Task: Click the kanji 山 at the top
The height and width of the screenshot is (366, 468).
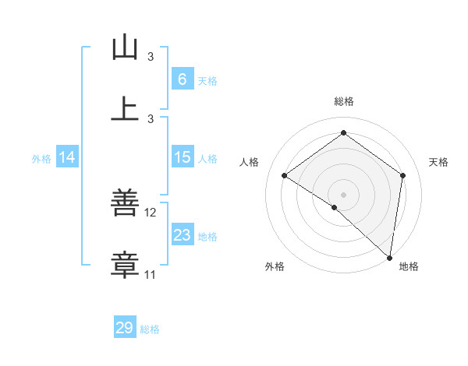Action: pos(125,48)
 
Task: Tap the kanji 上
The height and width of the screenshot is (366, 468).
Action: pos(125,109)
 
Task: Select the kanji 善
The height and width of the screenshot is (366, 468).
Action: pos(125,204)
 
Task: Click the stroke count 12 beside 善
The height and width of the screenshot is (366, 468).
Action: pos(151,212)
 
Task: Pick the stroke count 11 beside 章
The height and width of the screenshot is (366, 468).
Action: pos(151,274)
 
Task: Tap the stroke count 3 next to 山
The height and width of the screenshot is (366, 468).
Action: pos(151,57)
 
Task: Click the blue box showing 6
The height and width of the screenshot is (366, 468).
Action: pos(182,79)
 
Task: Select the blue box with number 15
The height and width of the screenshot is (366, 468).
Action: pos(182,157)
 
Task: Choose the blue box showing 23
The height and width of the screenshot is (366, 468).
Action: pos(182,235)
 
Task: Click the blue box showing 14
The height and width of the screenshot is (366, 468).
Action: pos(67,157)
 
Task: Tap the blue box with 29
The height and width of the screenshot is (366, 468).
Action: pos(125,328)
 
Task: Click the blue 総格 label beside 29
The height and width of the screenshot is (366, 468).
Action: pos(150,329)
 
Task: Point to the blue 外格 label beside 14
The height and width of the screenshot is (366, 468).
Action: pos(41,159)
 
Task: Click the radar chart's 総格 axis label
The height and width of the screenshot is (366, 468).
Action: pos(344,101)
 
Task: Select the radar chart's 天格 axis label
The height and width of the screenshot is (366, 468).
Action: pos(438,162)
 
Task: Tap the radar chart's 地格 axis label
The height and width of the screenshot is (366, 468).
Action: pos(409,266)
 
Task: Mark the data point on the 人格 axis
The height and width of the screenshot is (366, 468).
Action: pos(285,175)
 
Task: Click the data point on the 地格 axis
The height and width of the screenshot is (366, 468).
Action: pos(389,256)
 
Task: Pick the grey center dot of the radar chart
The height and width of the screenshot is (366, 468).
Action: pos(343,194)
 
